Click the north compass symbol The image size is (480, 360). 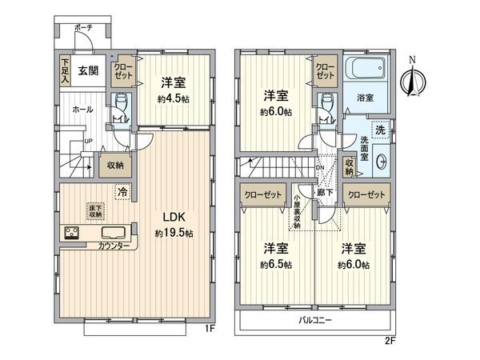coord(413,78)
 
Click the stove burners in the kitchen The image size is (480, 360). coord(70,234)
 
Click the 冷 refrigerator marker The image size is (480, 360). coord(122,192)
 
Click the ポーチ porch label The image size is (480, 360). coord(83,28)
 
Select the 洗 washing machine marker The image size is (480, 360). coord(381,130)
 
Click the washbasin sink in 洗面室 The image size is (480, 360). coord(378,158)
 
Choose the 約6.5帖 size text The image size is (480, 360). coord(274,264)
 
